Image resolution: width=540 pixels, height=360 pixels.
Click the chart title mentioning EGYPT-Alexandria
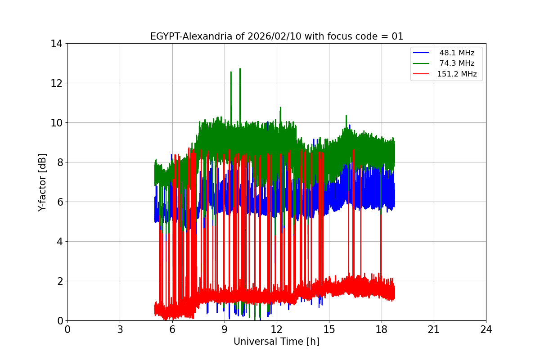[276, 36]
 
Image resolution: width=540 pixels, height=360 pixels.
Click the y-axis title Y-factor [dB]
[42, 182]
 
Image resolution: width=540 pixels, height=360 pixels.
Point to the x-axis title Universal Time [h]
[276, 342]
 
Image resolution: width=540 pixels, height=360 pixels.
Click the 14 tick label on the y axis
[57, 44]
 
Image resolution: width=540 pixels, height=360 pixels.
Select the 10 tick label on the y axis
[57, 123]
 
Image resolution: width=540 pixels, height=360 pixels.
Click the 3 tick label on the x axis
[120, 329]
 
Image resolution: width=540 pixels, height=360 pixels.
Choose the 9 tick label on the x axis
[225, 329]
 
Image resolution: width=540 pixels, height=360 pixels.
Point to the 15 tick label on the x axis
[329, 329]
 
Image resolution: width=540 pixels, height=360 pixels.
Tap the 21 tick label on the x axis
[434, 329]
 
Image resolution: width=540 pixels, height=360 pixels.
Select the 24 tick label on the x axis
[486, 329]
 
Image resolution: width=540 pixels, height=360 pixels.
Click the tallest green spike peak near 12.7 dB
[240, 69]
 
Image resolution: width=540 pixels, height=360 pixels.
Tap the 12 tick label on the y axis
[57, 83]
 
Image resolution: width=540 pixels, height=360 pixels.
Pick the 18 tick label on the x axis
[382, 329]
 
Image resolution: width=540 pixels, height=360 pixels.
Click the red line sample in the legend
[422, 74]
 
